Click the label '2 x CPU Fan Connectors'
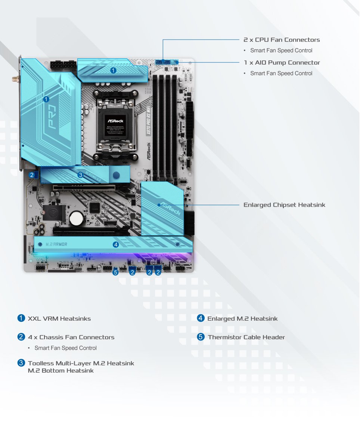click(x=282, y=40)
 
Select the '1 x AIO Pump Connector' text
click(x=282, y=62)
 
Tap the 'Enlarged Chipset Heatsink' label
click(x=284, y=205)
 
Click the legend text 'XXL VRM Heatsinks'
click(x=59, y=319)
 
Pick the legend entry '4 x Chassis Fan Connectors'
click(x=71, y=337)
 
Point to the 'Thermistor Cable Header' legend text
click(x=246, y=337)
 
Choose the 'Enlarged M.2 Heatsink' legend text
click(x=242, y=319)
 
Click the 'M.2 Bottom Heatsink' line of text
click(x=61, y=371)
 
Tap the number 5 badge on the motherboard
click(x=115, y=272)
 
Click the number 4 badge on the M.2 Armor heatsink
click(x=116, y=245)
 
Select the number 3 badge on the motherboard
click(x=80, y=175)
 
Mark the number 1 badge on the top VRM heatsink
click(x=113, y=70)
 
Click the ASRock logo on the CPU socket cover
click(x=115, y=121)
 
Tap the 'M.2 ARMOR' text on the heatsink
click(x=56, y=244)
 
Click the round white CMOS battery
click(x=77, y=218)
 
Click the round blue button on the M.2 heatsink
click(x=117, y=175)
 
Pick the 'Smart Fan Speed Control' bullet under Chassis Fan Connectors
click(x=65, y=348)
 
